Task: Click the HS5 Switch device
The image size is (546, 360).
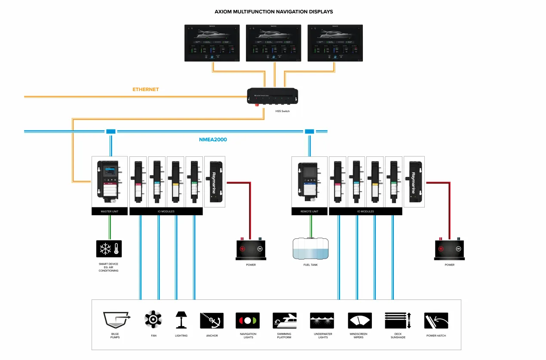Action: click(x=273, y=96)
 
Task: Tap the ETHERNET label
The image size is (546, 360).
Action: click(x=145, y=90)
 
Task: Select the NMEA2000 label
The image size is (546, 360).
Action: click(x=213, y=140)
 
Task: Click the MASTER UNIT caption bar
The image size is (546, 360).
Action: click(x=110, y=211)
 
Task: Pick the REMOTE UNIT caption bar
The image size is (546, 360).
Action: click(x=309, y=211)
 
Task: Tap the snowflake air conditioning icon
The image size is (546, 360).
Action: click(x=109, y=249)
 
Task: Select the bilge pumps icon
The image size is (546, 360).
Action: click(x=116, y=320)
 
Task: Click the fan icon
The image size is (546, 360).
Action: click(x=153, y=320)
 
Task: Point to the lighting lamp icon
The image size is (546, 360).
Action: click(x=181, y=320)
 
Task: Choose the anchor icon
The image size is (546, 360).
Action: click(x=212, y=320)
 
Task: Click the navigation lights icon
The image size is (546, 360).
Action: click(x=248, y=320)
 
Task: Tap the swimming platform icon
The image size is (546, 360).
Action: click(x=284, y=320)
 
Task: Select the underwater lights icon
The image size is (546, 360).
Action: click(x=322, y=320)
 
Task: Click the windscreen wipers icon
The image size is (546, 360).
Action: click(x=360, y=320)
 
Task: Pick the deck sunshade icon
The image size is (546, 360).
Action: click(x=398, y=320)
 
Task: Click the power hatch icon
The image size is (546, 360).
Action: click(x=436, y=320)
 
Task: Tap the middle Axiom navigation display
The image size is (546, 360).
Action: click(x=273, y=43)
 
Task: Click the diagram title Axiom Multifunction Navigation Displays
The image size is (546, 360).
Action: click(x=273, y=12)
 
